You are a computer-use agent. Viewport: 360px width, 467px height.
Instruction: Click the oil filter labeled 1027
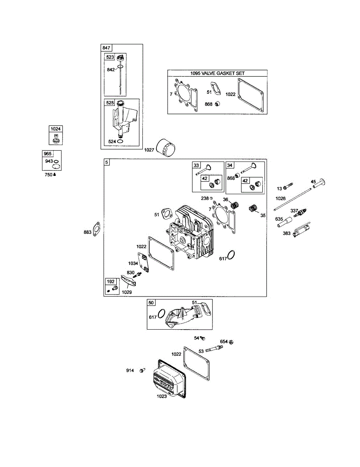pyautogui.click(x=166, y=148)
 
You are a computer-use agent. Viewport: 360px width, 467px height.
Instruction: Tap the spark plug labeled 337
pyautogui.click(x=300, y=212)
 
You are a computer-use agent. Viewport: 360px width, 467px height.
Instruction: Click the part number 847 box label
pyautogui.click(x=106, y=48)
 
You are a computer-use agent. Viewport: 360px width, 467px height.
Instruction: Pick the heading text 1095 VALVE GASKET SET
pyautogui.click(x=218, y=73)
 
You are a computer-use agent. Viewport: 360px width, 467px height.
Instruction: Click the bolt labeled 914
pyautogui.click(x=142, y=370)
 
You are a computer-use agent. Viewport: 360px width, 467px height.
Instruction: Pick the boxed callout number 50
pyautogui.click(x=151, y=303)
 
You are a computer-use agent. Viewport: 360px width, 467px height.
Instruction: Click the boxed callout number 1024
pyautogui.click(x=55, y=129)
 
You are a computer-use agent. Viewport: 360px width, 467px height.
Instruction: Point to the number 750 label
pyautogui.click(x=48, y=175)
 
